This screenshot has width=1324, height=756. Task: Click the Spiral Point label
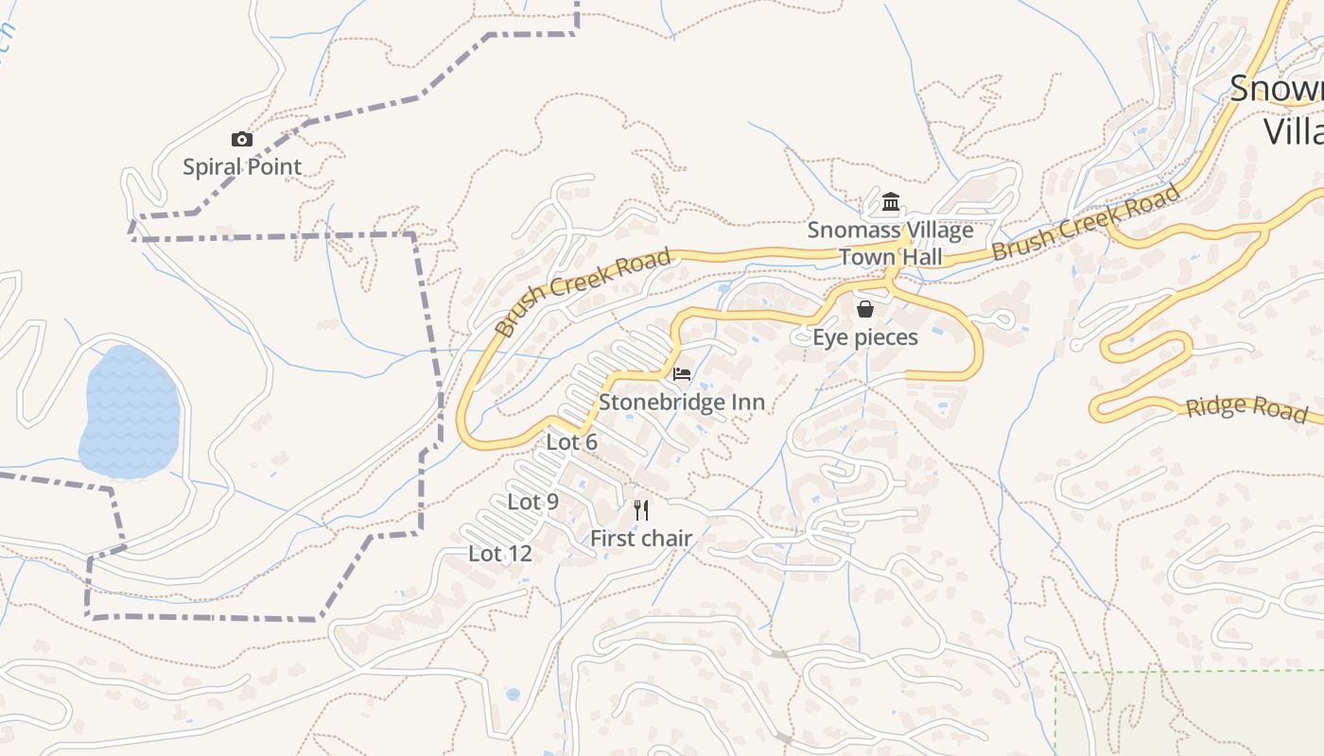[242, 167]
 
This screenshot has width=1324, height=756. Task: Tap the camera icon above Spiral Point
[242, 140]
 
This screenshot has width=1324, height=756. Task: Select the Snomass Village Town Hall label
[890, 244]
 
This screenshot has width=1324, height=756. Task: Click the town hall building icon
[891, 202]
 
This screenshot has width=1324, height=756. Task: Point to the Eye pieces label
[865, 337]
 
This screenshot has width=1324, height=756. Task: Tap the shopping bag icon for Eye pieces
[865, 309]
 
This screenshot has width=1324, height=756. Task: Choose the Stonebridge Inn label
[682, 403]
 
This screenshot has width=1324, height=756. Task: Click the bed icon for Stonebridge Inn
[682, 374]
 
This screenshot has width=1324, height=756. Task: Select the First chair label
[641, 539]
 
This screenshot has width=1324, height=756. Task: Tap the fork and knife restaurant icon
[641, 510]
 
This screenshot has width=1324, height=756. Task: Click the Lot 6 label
[572, 442]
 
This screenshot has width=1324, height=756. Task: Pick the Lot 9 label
[533, 502]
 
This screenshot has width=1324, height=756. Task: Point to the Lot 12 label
[500, 554]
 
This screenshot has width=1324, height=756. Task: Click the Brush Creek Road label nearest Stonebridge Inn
[584, 292]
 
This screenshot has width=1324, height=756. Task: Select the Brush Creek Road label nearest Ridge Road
[1087, 223]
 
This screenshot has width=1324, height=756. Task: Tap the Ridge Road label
[1247, 408]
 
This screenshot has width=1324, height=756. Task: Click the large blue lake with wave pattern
[130, 411]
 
